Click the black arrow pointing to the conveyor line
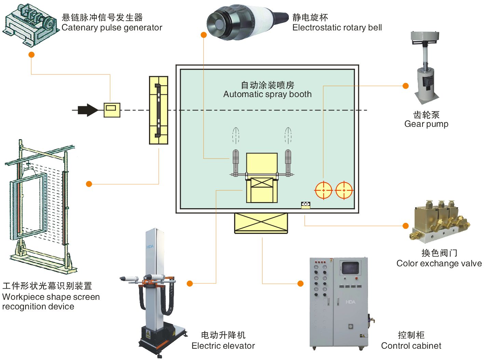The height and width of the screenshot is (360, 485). [88, 110]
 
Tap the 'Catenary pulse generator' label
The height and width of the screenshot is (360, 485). [112, 28]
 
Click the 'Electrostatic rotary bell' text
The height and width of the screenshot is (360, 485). [337, 28]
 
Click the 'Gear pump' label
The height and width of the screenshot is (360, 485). [426, 124]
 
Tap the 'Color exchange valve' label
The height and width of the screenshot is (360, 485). [439, 264]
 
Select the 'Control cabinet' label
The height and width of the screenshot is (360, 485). [411, 346]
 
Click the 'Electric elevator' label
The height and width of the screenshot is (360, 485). [223, 346]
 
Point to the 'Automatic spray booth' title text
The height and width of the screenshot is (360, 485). [267, 94]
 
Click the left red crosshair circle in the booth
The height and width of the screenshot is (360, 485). [323, 190]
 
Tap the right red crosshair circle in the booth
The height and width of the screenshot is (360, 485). [344, 190]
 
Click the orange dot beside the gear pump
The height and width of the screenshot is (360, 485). [406, 86]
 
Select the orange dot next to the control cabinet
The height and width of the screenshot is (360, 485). [300, 283]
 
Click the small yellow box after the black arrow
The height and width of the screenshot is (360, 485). [112, 110]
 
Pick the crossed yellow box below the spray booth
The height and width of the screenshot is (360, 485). [261, 223]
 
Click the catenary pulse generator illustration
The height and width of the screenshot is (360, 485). [31, 25]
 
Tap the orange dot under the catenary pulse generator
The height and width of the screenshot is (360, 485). [31, 55]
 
